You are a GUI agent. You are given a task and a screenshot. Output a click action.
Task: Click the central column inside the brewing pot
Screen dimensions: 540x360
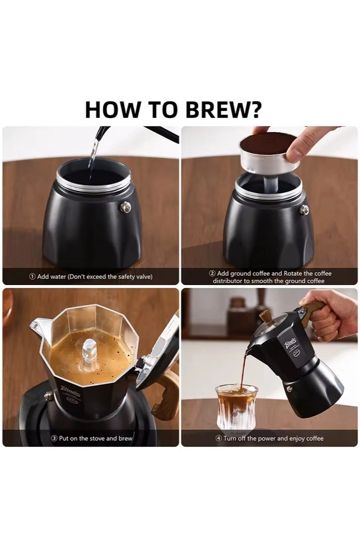coord(90,352)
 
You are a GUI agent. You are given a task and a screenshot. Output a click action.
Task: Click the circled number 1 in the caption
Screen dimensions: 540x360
coord(32,277)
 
